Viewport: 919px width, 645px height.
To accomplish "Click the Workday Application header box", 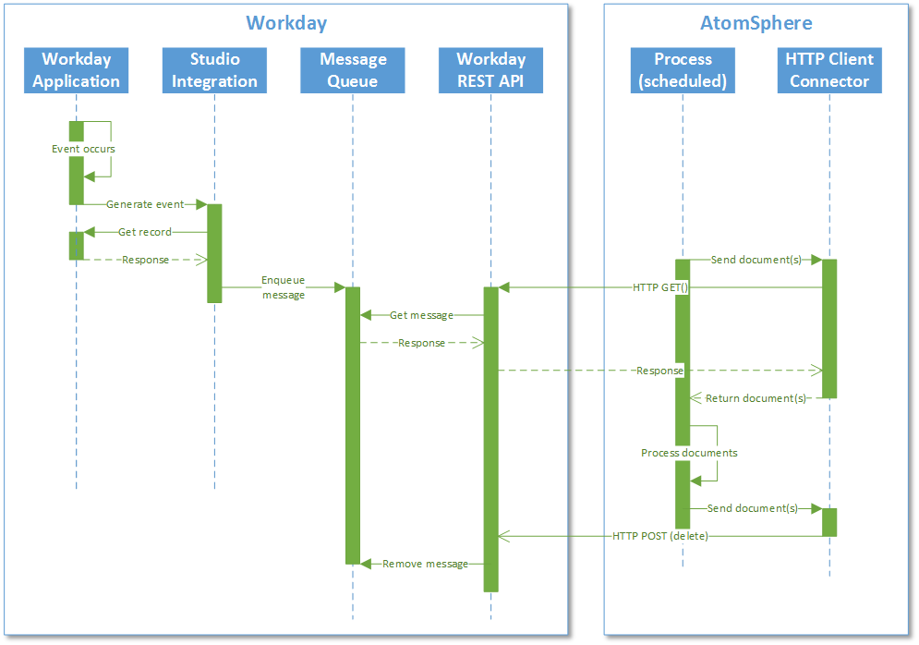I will pos(76,70).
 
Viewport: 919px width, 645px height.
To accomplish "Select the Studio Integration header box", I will pos(214,70).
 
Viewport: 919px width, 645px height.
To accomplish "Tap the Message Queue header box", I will pos(353,70).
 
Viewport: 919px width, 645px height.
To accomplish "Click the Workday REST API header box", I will pos(490,70).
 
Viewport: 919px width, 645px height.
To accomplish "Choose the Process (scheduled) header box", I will pos(683,70).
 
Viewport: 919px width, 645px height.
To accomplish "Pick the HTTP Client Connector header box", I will pos(828,70).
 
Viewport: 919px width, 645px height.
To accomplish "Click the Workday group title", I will pos(286,23).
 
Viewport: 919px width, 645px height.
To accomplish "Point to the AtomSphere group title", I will pos(756,23).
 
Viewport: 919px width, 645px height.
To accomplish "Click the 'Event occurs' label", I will pos(83,149).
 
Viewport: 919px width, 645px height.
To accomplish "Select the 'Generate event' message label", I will pos(145,204).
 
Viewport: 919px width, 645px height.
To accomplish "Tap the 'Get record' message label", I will pos(145,232).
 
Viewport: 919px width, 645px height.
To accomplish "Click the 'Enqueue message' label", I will pos(283,287).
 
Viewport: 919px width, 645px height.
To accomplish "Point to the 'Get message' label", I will pos(421,315).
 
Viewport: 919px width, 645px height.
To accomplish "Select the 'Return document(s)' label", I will pos(756,398).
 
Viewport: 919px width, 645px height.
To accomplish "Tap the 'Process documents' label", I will pos(689,454).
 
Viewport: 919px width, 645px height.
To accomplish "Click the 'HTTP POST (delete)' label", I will pos(659,536).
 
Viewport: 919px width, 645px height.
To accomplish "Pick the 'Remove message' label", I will pos(425,564).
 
